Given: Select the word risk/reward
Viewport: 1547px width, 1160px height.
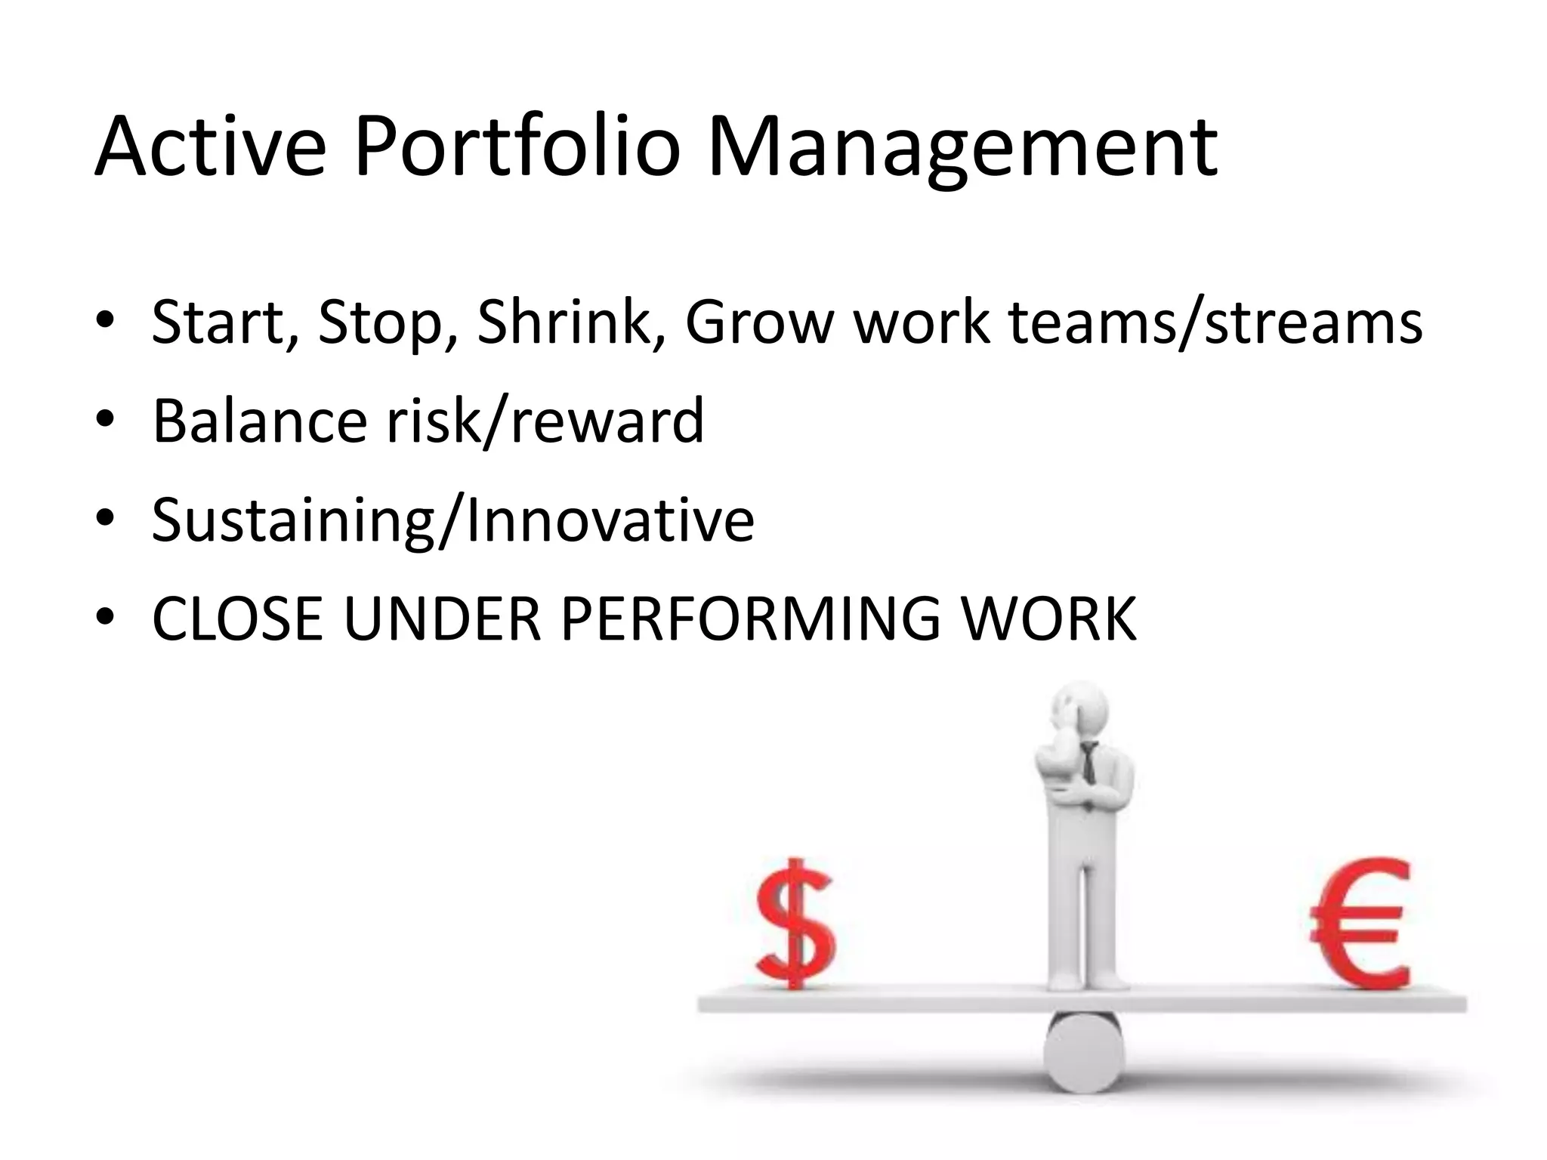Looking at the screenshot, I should pyautogui.click(x=545, y=421).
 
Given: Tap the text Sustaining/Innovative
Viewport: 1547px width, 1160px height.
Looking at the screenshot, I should pyautogui.click(x=452, y=521).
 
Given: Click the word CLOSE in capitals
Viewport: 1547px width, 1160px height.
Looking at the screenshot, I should pyautogui.click(x=237, y=620).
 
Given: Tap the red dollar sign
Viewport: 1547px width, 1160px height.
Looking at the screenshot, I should pyautogui.click(x=795, y=923).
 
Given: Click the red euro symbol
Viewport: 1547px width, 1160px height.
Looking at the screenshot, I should pyautogui.click(x=1360, y=923).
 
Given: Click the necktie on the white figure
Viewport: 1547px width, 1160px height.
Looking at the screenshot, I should pyautogui.click(x=1087, y=763).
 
